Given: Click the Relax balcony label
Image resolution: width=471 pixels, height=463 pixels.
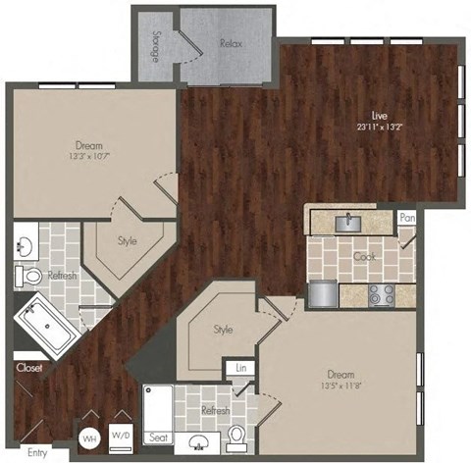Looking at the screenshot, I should (232, 44).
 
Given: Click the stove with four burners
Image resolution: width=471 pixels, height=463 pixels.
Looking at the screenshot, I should (382, 292).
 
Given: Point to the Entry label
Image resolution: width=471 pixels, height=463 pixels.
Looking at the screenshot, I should (37, 452).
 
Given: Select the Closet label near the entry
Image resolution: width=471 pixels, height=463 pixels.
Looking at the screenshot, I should (26, 368).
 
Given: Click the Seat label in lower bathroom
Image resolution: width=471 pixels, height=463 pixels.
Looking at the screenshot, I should (157, 437).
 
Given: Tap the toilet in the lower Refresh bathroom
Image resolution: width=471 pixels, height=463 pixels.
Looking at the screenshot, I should (236, 433).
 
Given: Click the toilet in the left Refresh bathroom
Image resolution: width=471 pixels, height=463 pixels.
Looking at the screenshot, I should (32, 277).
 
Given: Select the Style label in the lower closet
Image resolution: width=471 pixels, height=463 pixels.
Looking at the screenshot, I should (223, 330).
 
